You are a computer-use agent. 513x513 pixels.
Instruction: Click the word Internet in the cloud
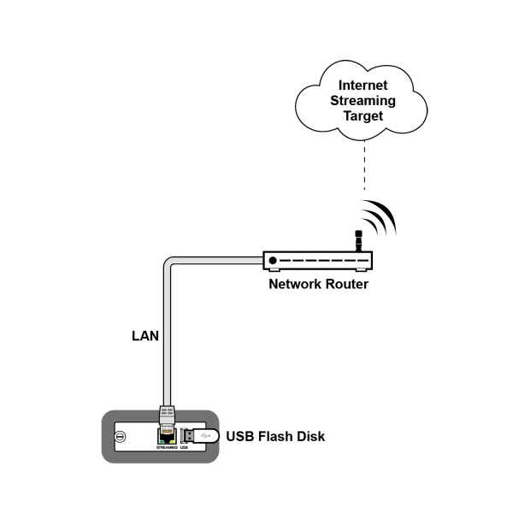coord(363,85)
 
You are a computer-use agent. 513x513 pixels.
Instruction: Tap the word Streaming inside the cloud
coord(363,100)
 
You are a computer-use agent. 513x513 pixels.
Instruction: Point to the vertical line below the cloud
coord(366,167)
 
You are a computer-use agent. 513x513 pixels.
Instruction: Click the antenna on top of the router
coord(359,236)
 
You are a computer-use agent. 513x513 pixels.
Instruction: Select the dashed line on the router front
coord(326,261)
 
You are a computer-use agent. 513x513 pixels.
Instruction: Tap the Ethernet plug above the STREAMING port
coord(168,418)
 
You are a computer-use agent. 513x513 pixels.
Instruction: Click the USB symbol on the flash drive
coord(205,436)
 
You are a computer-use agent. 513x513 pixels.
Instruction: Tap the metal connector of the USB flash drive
coord(186,436)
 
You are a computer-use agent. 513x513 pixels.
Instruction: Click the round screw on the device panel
coord(121,436)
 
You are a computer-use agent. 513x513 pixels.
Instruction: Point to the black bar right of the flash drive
coord(277,438)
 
